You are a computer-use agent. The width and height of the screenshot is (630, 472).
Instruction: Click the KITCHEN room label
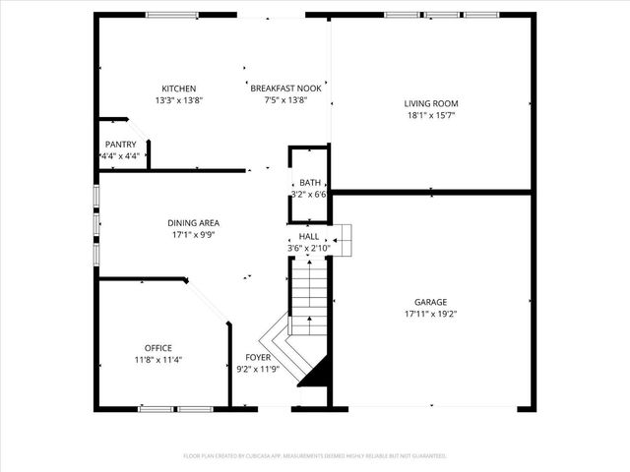179,88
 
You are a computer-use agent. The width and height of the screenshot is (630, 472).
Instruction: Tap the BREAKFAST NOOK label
285,88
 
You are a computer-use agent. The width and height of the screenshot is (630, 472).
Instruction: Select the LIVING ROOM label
431,103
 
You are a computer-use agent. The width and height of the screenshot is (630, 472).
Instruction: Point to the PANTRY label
120,145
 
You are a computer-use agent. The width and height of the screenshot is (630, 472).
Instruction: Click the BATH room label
310,183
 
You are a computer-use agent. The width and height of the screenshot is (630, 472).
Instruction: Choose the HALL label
309,237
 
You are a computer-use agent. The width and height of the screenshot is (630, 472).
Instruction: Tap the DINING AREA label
193,223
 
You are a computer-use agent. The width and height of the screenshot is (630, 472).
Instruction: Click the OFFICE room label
158,348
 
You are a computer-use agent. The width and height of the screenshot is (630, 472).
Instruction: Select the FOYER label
258,358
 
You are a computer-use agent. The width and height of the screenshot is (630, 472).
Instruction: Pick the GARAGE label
431,302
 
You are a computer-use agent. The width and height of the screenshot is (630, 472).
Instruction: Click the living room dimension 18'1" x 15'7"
431,115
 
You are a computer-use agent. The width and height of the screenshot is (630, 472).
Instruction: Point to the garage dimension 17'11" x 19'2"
431,314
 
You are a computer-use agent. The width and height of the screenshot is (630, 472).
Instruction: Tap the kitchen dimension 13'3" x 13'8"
179,100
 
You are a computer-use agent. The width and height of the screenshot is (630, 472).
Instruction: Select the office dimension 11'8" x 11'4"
158,360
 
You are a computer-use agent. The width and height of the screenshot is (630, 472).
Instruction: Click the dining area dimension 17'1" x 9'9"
193,235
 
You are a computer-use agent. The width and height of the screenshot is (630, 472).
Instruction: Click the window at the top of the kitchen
175,15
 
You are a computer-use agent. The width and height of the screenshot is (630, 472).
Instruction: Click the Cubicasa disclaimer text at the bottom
315,456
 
